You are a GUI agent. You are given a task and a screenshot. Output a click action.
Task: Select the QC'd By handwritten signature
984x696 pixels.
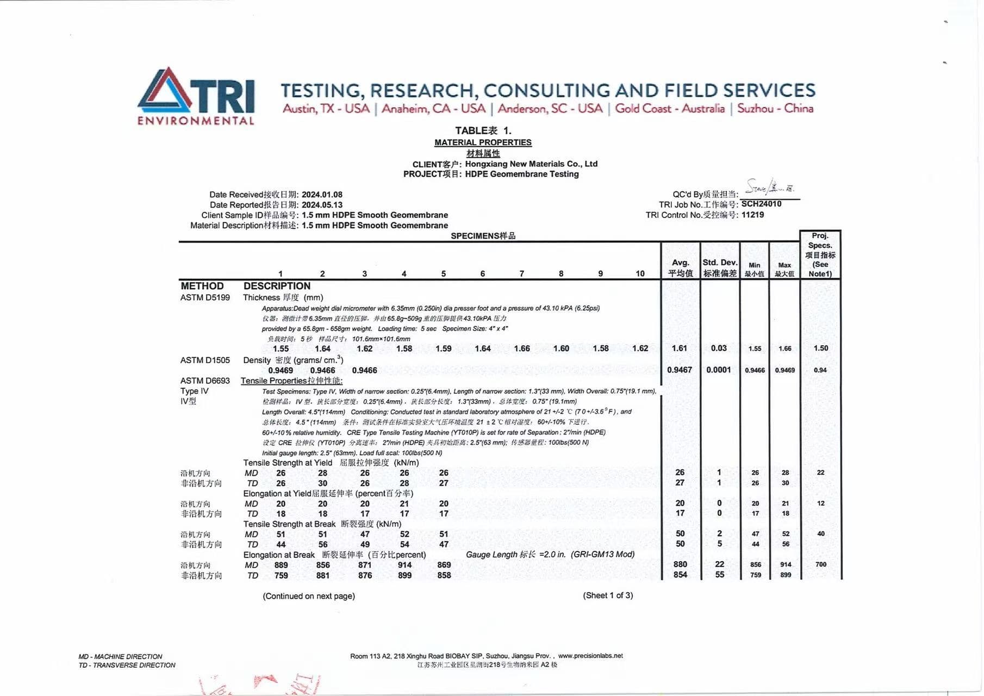click(x=770, y=188)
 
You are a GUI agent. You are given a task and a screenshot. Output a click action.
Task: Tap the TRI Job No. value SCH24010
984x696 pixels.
click(x=761, y=204)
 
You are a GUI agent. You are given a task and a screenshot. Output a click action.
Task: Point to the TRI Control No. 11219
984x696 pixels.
click(x=752, y=215)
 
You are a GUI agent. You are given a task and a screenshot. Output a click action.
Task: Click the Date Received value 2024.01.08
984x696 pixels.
click(x=322, y=195)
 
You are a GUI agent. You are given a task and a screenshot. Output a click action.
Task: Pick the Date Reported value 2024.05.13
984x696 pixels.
click(x=322, y=205)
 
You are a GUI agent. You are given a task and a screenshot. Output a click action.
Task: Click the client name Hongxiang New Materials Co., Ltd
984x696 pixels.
click(x=531, y=164)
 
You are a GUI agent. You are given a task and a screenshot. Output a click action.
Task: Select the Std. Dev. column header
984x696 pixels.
click(x=720, y=268)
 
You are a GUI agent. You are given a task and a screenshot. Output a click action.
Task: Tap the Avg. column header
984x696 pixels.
click(x=680, y=268)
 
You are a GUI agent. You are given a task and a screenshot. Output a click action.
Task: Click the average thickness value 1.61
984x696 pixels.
click(x=680, y=348)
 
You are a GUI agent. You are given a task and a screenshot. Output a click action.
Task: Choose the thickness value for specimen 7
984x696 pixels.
click(x=522, y=349)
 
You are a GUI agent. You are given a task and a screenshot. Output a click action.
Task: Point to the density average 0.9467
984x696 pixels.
click(x=680, y=370)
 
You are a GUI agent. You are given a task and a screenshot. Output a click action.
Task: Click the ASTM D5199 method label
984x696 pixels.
click(x=205, y=297)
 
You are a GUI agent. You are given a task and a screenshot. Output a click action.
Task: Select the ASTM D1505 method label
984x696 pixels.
click(x=205, y=360)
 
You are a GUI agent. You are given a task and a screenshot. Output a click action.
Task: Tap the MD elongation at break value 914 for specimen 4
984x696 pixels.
click(x=404, y=565)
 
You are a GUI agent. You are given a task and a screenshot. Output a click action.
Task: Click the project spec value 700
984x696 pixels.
click(x=820, y=564)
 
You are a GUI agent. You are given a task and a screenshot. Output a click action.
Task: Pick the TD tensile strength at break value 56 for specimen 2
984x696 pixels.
click(x=323, y=544)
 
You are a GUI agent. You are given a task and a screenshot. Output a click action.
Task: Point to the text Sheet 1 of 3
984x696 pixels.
click(x=608, y=595)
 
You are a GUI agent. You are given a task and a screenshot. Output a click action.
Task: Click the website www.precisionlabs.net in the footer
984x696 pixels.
click(x=590, y=656)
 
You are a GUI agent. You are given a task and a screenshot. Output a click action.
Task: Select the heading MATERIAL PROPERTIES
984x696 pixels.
click(x=483, y=142)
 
